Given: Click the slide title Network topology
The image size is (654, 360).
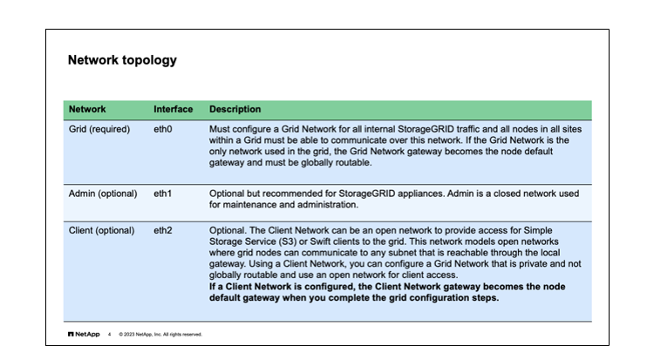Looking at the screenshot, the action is tap(122, 60).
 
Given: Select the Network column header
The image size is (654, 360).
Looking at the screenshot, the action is tap(87, 109).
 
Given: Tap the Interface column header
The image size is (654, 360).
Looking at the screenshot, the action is tap(174, 109).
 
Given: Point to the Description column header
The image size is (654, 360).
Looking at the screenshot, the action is tap(235, 109).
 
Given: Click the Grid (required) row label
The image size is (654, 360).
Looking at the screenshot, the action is tap(99, 129).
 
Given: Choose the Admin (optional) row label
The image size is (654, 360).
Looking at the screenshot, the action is tap(103, 194).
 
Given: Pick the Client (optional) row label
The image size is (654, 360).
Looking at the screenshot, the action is tap(101, 231).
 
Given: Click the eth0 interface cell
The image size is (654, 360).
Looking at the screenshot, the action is tap(163, 129).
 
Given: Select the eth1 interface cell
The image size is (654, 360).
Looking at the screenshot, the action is tap(163, 194).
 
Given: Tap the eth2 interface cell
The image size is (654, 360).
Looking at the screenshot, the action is tap(163, 230).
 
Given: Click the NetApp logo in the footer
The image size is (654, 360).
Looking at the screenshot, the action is tap(84, 334).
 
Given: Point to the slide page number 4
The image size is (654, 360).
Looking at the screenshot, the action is tap(109, 335).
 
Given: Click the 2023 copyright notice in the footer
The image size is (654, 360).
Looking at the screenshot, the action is tap(160, 335).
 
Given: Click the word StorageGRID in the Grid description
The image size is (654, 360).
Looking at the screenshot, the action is tap(426, 129).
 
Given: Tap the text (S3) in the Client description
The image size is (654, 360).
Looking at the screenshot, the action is tap(288, 242).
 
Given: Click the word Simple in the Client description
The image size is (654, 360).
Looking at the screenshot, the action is tap(538, 231).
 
